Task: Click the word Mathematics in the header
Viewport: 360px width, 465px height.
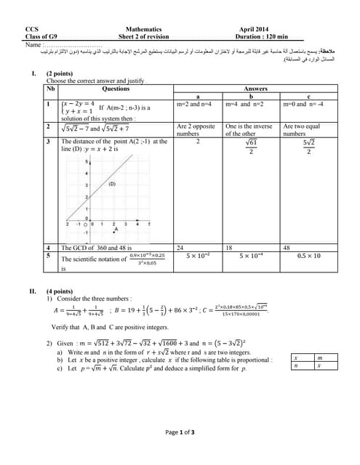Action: pos(143,30)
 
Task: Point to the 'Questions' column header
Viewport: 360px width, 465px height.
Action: pos(116,89)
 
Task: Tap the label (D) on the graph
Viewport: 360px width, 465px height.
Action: pos(112,184)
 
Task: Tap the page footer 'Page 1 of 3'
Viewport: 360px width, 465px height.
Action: pos(180,432)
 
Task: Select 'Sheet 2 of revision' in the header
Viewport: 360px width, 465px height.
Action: pos(143,36)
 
